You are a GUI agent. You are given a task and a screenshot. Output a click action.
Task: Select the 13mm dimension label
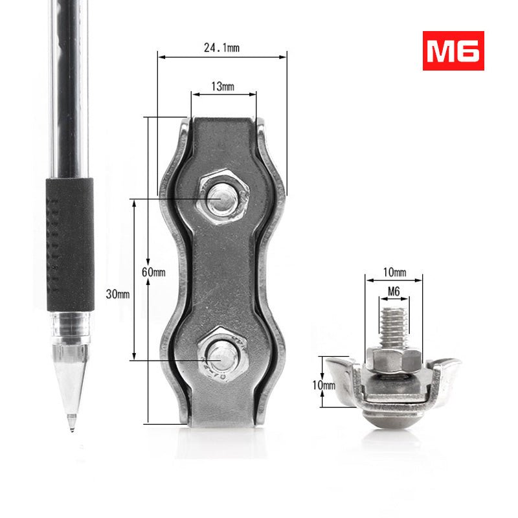[223, 87]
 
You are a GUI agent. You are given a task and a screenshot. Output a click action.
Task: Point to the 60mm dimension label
[153, 272]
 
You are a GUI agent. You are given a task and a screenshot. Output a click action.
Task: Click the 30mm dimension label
[118, 294]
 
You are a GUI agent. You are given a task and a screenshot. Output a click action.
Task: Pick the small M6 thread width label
[393, 292]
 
